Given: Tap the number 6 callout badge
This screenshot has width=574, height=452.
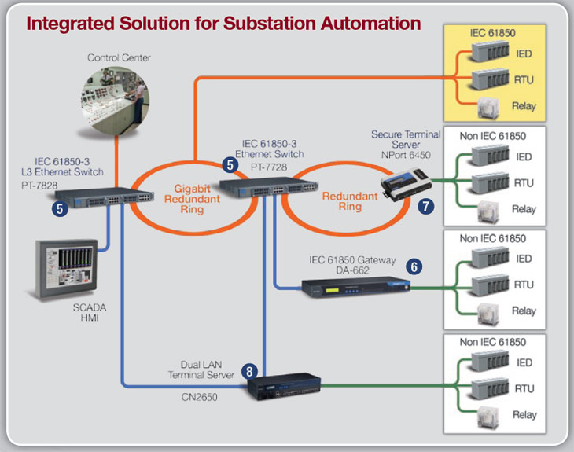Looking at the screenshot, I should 414,267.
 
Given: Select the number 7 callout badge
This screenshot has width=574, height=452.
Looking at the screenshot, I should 425,207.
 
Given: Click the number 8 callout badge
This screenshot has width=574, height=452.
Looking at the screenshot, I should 249,370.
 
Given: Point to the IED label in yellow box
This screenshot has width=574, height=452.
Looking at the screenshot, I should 524,54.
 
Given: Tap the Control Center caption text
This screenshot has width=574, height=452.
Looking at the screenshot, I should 119,57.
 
